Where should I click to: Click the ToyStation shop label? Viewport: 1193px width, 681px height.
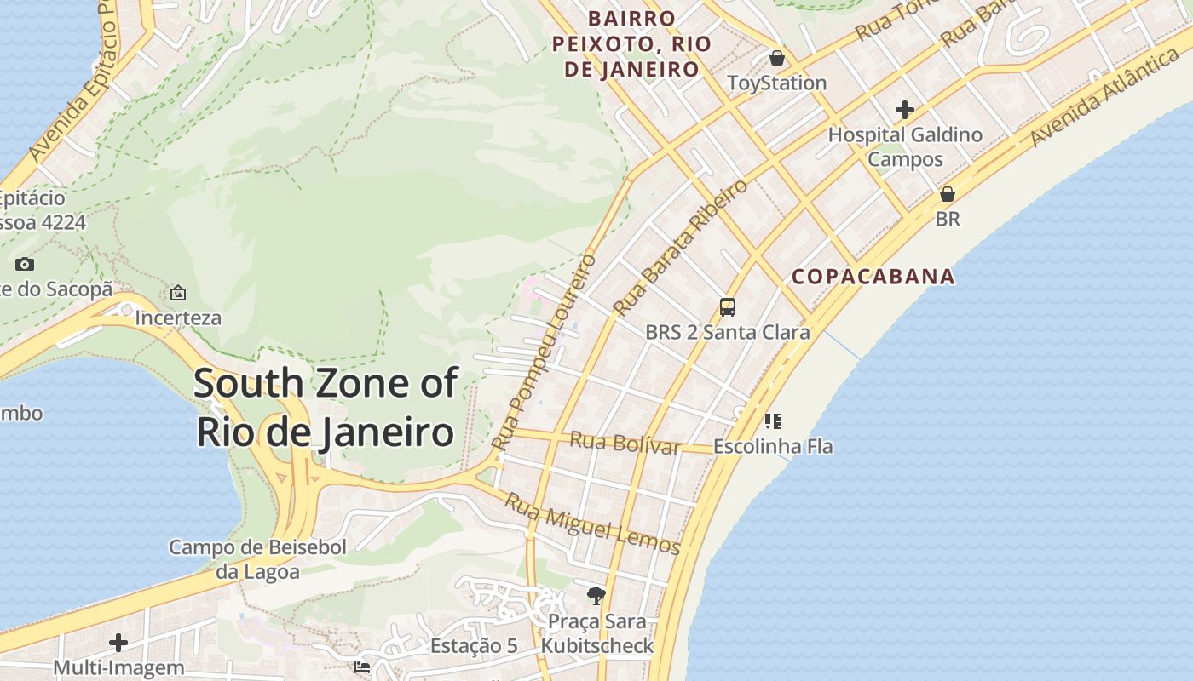point(776,83)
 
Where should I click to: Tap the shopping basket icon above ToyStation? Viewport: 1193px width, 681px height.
point(777,58)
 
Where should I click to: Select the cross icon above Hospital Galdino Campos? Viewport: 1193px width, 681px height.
point(905,110)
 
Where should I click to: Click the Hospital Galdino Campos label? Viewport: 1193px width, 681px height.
point(905,146)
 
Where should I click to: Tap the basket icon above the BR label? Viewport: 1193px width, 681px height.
point(947,194)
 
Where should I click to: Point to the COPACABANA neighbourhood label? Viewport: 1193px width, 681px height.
point(873,277)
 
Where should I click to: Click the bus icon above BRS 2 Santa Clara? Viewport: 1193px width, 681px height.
point(728,307)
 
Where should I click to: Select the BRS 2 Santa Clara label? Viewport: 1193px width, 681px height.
point(727,332)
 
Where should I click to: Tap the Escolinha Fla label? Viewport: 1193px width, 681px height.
point(772,446)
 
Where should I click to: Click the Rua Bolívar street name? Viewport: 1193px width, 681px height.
point(625,444)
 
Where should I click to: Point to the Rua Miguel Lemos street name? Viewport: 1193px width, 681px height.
point(592,523)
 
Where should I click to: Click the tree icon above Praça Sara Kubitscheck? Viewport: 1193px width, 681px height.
point(596,595)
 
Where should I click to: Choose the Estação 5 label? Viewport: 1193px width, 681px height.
point(474,645)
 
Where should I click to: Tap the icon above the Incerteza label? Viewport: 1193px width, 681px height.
point(178,293)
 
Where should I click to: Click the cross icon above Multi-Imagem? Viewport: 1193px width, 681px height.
point(118,643)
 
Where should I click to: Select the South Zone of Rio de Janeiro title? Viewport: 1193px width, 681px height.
point(326,407)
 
